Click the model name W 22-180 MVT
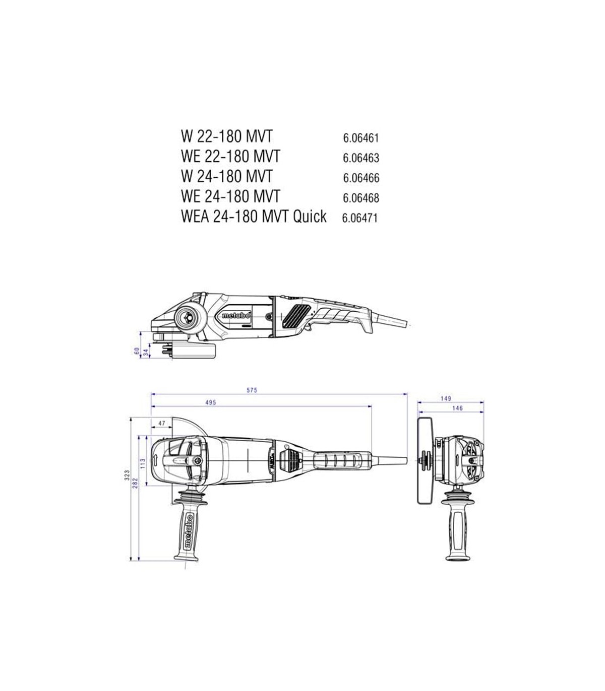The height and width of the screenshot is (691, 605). (x=226, y=136)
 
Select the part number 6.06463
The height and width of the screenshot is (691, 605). (x=361, y=158)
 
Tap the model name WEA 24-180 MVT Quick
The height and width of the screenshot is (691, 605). (x=254, y=217)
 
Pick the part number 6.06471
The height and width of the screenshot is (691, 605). (x=359, y=218)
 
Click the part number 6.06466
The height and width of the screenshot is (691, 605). (x=361, y=178)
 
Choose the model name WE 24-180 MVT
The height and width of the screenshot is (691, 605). (x=230, y=196)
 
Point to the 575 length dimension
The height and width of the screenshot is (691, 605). (x=252, y=390)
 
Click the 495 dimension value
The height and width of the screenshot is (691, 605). (x=211, y=402)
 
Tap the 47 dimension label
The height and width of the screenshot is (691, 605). (x=161, y=423)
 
